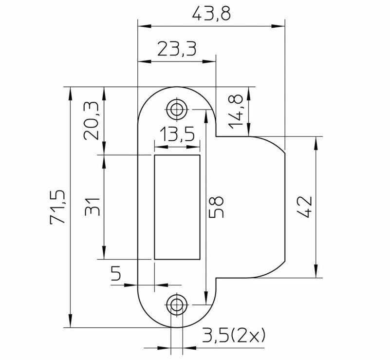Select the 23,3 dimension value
click(x=177, y=49)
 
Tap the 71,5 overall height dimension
click(x=58, y=207)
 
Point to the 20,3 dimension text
click(x=91, y=121)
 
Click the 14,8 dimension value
click(x=236, y=112)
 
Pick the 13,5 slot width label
click(x=177, y=134)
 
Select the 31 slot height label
click(x=93, y=207)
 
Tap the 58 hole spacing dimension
click(x=216, y=207)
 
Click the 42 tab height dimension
click(x=304, y=207)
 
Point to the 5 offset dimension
click(x=116, y=273)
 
